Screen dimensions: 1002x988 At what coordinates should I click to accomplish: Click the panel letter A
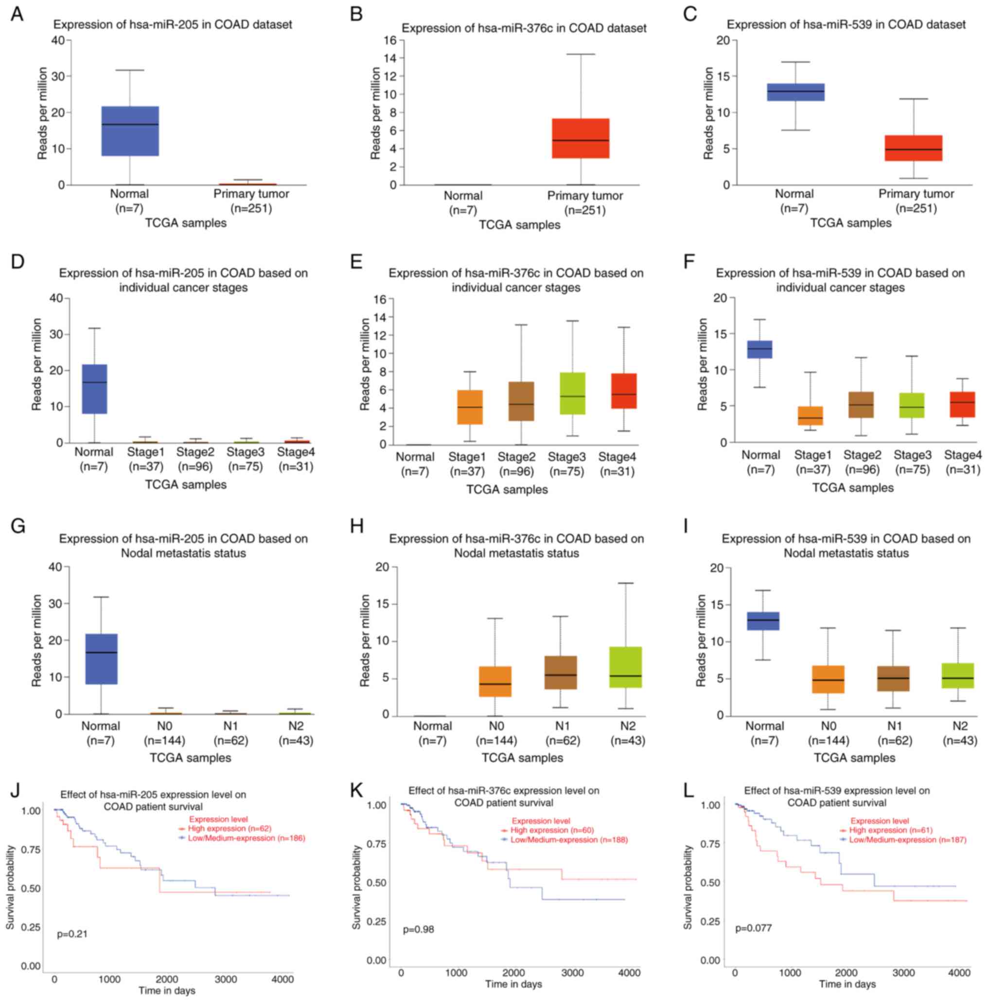tap(17, 15)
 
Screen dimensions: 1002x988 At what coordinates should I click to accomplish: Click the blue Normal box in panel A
tap(130, 131)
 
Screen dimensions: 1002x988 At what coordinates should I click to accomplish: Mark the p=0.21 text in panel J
tap(72, 934)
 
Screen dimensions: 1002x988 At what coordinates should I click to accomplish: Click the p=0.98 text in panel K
tap(418, 929)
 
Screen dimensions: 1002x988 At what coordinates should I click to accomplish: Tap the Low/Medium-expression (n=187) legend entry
tap(907, 840)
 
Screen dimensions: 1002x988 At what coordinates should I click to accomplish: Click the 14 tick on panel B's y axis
tap(389, 58)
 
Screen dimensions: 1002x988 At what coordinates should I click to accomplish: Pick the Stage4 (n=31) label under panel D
tap(296, 459)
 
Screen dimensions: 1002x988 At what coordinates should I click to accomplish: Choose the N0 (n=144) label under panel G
tap(164, 733)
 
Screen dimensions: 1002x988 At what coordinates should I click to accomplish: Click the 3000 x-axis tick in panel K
tap(572, 972)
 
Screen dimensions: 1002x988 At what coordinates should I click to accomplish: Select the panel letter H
tap(357, 527)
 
